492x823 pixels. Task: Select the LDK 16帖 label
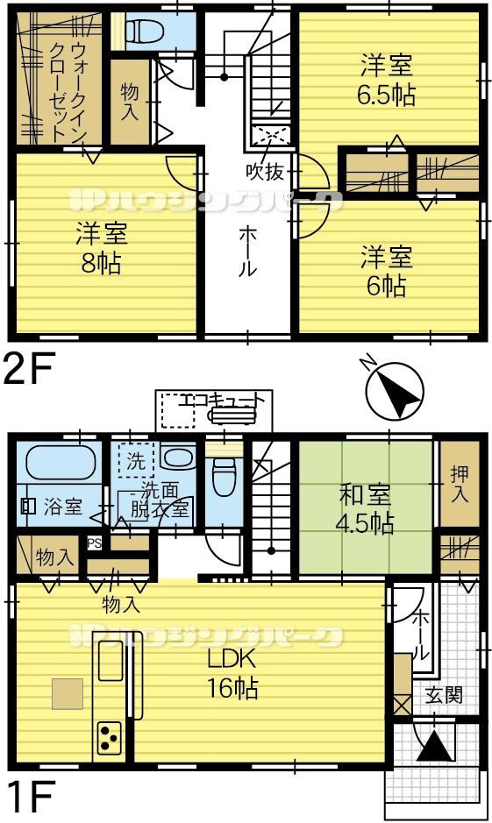(232, 673)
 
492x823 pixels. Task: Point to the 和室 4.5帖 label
(365, 508)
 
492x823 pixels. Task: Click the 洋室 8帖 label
(102, 248)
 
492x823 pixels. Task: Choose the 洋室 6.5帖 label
(386, 81)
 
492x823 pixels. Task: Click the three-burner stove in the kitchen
(110, 737)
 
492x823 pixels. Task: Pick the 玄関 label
(445, 694)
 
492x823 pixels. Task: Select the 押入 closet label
(460, 484)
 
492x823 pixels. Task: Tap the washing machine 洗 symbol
(135, 461)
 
